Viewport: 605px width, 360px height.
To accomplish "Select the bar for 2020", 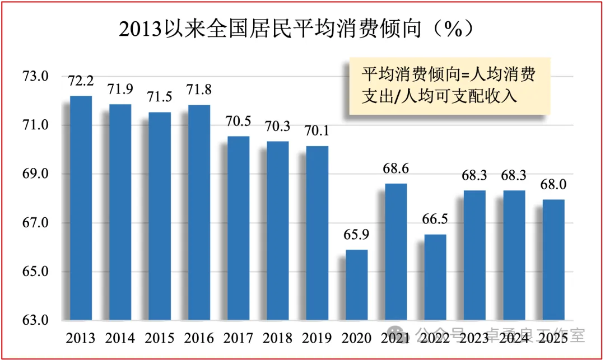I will [x=356, y=285].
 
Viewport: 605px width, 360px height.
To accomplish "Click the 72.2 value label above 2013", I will [x=81, y=81].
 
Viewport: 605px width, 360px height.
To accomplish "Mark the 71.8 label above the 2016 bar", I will [x=199, y=90].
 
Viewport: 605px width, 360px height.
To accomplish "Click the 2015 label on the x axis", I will [x=159, y=338].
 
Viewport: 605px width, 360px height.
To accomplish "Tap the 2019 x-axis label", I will [x=317, y=338].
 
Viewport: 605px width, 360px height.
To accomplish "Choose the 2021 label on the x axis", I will [x=395, y=338].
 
